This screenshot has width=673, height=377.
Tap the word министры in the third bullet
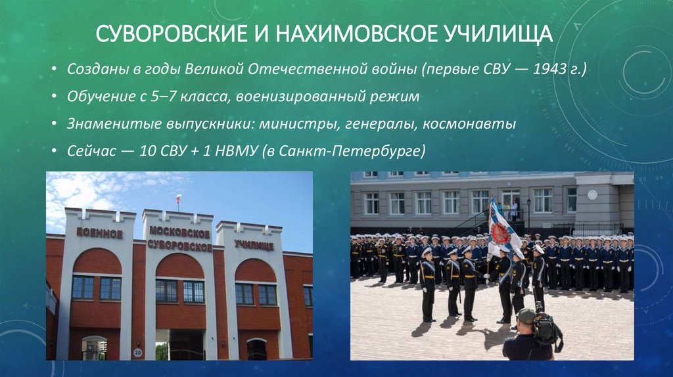click(289, 123)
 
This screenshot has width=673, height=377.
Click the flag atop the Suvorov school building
click(177, 199)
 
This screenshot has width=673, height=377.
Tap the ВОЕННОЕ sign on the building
click(99, 233)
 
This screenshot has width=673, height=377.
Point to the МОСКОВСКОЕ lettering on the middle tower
click(179, 233)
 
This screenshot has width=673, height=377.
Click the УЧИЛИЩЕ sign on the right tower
click(254, 245)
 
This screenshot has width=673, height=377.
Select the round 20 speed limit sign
click(137, 353)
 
